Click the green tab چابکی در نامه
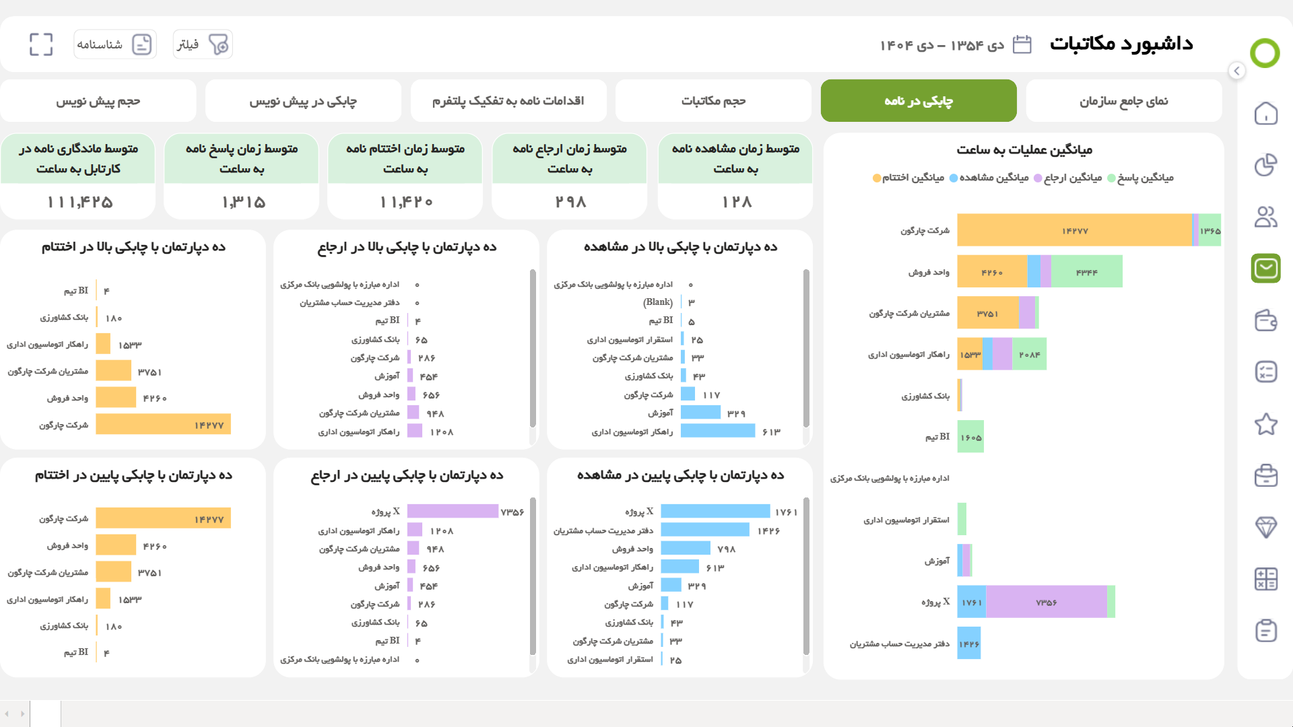(x=918, y=101)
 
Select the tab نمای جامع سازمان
(x=1123, y=101)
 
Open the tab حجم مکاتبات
(x=713, y=101)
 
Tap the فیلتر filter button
(x=203, y=44)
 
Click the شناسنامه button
(x=115, y=44)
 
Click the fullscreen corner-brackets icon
(x=41, y=44)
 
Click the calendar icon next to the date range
(x=1022, y=44)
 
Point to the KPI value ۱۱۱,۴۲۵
(x=79, y=202)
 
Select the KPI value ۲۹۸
(x=570, y=202)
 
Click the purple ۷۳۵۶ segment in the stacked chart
(x=1046, y=602)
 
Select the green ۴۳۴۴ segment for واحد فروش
(x=1086, y=272)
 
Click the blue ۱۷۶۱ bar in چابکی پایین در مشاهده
(x=715, y=512)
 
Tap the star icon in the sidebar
(x=1265, y=424)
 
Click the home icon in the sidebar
(x=1265, y=113)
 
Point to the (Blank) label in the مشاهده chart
(x=657, y=302)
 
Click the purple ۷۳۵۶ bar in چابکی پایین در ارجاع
(x=453, y=512)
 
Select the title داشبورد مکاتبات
(x=1121, y=44)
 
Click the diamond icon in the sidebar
(x=1265, y=527)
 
